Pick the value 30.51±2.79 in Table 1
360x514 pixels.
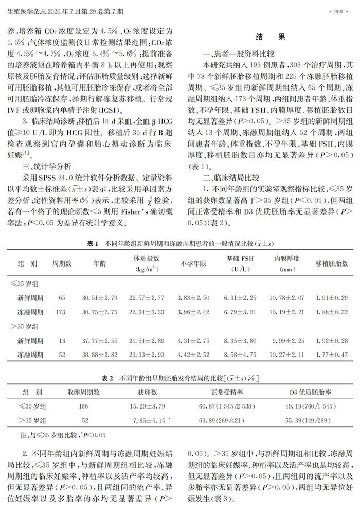[100, 298]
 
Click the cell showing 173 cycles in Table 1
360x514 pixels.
[62, 312]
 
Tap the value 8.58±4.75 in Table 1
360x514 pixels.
[240, 355]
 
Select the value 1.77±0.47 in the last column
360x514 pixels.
[332, 355]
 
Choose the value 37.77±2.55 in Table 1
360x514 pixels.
[100, 341]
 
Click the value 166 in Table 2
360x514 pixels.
[83, 406]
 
